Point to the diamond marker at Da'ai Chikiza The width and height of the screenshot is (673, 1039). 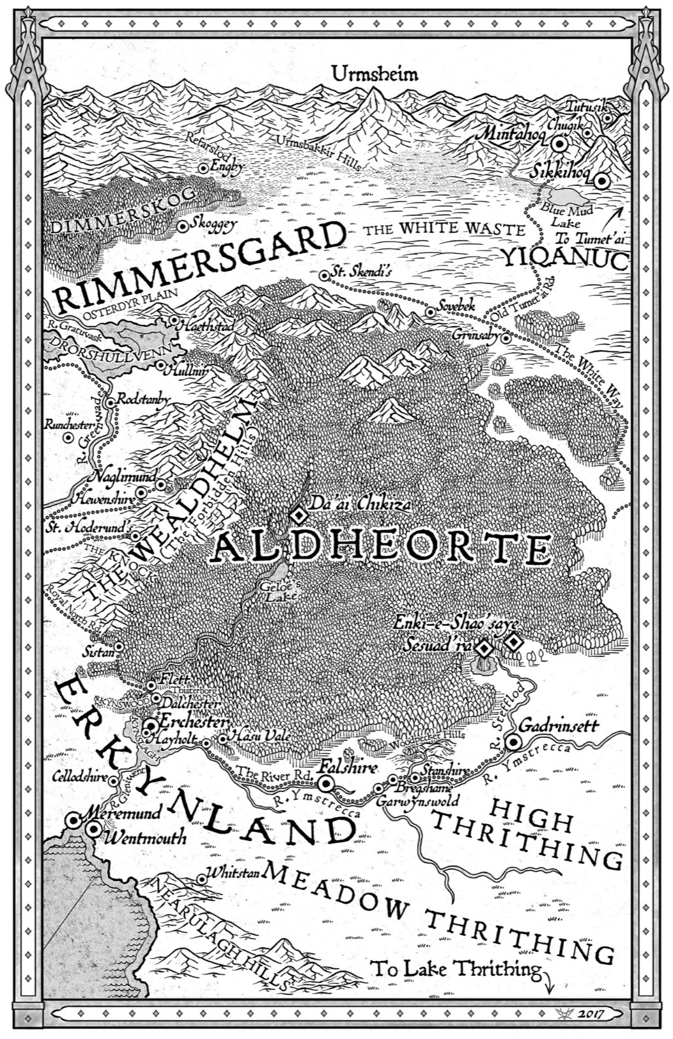tap(298, 513)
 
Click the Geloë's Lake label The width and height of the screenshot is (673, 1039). tap(274, 591)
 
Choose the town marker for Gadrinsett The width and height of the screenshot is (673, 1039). tap(513, 742)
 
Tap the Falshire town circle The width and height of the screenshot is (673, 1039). tap(327, 784)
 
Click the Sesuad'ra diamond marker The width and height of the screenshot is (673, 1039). tap(486, 648)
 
